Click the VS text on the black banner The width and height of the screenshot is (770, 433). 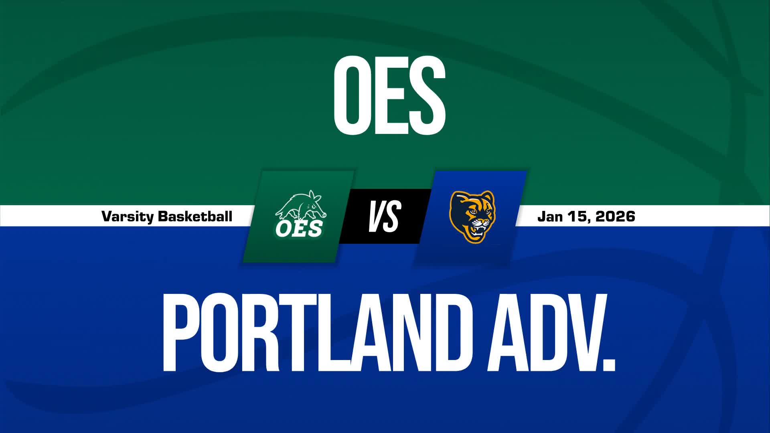tap(384, 216)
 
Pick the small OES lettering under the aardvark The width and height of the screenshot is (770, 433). tap(299, 229)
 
